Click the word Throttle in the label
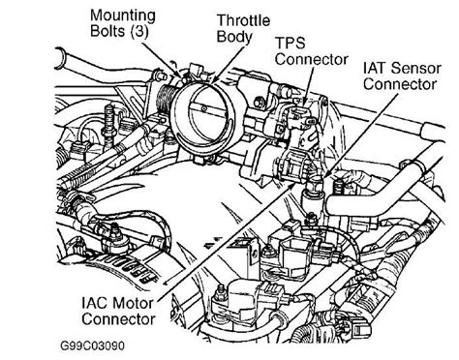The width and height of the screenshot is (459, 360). pyautogui.click(x=243, y=20)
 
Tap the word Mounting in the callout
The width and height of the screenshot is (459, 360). pyautogui.click(x=123, y=16)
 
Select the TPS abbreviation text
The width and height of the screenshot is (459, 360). pyautogui.click(x=290, y=43)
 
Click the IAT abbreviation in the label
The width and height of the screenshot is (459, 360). pyautogui.click(x=375, y=69)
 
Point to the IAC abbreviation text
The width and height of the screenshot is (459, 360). pyautogui.click(x=94, y=303)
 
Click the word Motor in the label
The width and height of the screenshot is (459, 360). pyautogui.click(x=133, y=303)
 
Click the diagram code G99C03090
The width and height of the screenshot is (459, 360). pyautogui.click(x=92, y=345)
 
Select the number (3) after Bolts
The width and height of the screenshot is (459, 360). pyautogui.click(x=139, y=32)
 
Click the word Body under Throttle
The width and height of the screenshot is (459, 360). pyautogui.click(x=234, y=37)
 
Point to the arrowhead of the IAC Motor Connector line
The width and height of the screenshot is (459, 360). pyautogui.click(x=293, y=185)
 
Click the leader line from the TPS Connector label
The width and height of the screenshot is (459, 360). pyautogui.click(x=309, y=85)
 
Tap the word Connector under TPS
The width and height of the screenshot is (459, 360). pyautogui.click(x=312, y=60)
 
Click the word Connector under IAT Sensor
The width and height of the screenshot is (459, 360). pyautogui.click(x=400, y=84)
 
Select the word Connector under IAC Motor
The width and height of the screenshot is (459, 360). pyautogui.click(x=118, y=319)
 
